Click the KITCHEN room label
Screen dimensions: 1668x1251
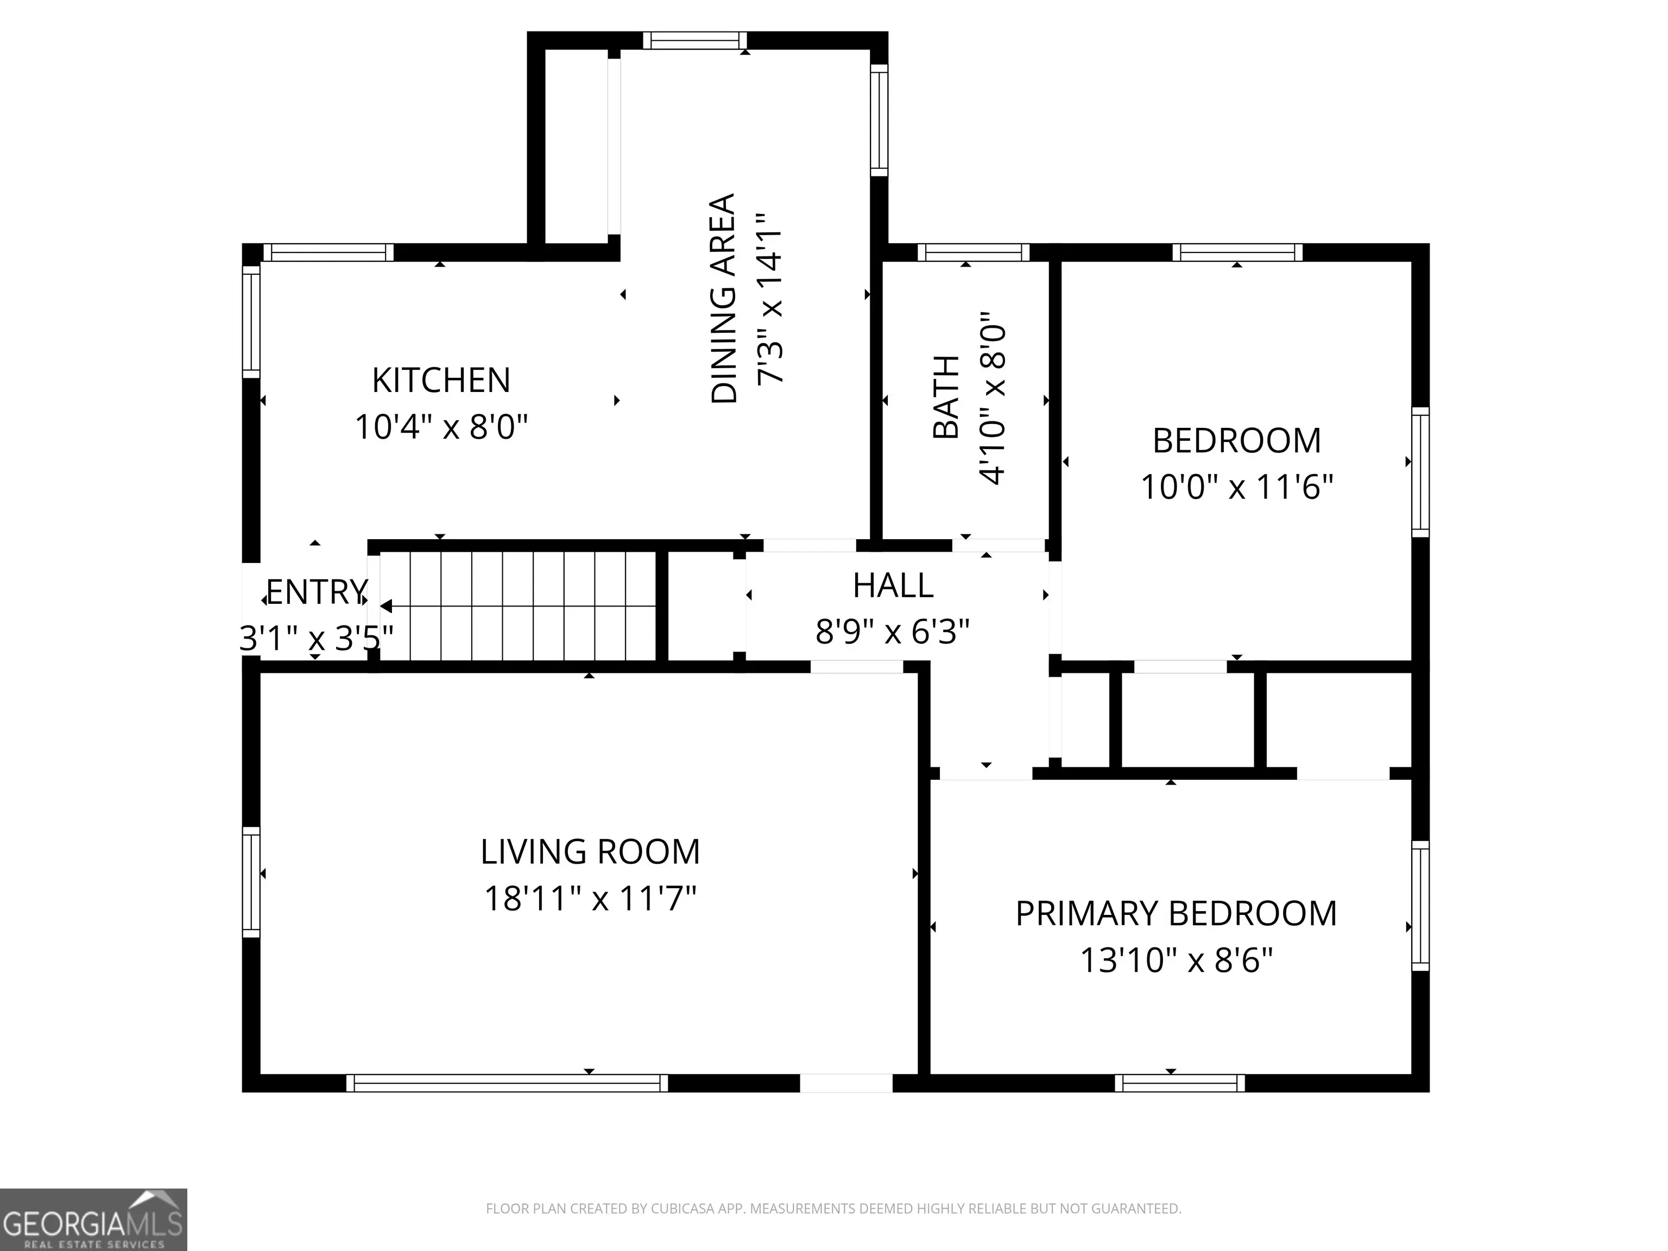coord(441,380)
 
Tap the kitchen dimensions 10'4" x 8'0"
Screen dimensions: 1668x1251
coord(441,427)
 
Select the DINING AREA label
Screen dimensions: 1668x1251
coord(724,299)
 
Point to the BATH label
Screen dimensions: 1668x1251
coord(946,397)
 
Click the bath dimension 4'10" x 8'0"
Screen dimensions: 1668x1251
coord(993,397)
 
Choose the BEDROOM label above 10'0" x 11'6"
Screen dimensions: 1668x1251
coord(1237,440)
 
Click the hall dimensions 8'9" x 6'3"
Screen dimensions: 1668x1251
coord(893,631)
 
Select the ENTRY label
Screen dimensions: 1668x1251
coord(317,593)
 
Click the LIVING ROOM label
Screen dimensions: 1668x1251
coord(590,852)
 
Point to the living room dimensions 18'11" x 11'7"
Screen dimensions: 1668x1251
coord(590,899)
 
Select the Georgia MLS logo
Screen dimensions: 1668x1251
coord(93,1220)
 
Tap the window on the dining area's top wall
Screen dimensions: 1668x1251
coord(694,41)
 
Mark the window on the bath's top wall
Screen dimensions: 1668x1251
coord(973,252)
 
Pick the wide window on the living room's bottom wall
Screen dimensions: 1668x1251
coord(507,1083)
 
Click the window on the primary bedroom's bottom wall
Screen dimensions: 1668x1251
coord(1179,1083)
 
